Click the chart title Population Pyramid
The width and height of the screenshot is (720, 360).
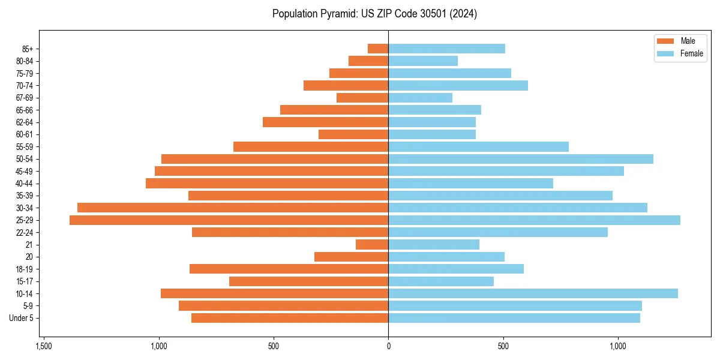pos(374,14)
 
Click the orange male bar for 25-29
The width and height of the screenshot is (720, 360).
pos(229,220)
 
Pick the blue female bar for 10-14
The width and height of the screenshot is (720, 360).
pos(533,293)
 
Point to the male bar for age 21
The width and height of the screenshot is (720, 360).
pos(372,245)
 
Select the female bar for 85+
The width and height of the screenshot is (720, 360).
pos(446,49)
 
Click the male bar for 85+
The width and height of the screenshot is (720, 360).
pos(378,49)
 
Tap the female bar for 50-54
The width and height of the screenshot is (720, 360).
pos(520,159)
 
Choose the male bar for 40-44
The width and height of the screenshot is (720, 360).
pos(267,184)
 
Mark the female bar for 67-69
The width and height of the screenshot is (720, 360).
pos(420,98)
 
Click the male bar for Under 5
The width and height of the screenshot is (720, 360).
pos(290,318)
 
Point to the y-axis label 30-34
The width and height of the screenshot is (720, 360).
pos(25,208)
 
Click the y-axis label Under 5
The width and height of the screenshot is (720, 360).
pos(22,318)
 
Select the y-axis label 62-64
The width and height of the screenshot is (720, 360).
pos(25,122)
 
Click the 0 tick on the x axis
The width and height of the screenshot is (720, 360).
pos(388,346)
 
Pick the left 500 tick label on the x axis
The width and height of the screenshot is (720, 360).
pos(274,346)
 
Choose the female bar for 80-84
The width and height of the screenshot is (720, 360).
pos(423,61)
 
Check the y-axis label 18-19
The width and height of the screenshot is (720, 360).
pos(25,269)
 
